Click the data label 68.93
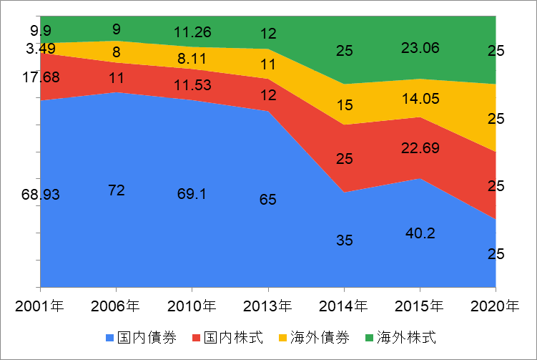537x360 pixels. pos(40,194)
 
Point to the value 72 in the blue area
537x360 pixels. pos(117,190)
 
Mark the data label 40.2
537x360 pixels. pos(420,233)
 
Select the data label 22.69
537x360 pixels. pos(420,148)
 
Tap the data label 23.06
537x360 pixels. pos(420,49)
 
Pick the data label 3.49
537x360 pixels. pos(40,49)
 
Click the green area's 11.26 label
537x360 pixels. pos(192,31)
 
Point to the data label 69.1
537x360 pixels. pos(192,194)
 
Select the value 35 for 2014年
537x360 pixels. pos(344,240)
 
